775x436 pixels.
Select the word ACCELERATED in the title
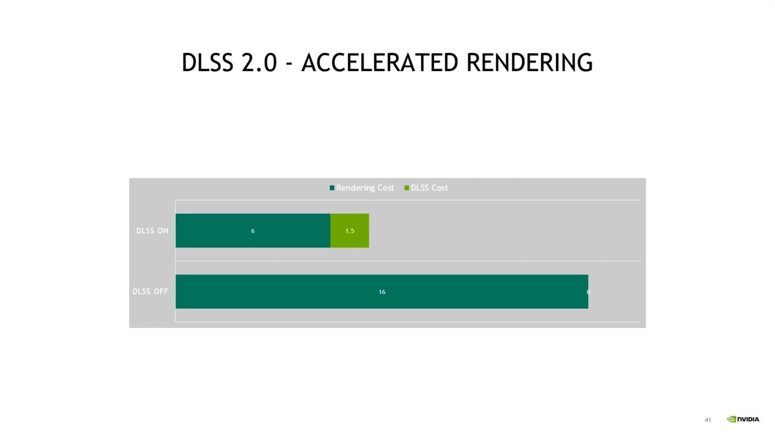(380, 63)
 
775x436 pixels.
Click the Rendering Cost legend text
(365, 187)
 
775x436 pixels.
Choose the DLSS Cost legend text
(429, 187)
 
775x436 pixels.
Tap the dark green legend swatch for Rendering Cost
(332, 188)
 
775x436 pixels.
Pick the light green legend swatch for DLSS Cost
(406, 188)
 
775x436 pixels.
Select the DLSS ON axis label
(152, 231)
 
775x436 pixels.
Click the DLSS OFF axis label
(150, 291)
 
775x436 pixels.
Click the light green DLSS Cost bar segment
(349, 231)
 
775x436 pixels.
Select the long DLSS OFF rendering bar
(452, 291)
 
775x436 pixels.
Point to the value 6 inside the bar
(253, 231)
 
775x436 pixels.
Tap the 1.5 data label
(349, 231)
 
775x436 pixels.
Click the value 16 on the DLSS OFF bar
(382, 292)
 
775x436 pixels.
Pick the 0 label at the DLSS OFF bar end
(588, 292)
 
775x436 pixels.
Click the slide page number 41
(708, 420)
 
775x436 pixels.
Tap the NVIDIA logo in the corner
(743, 419)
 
